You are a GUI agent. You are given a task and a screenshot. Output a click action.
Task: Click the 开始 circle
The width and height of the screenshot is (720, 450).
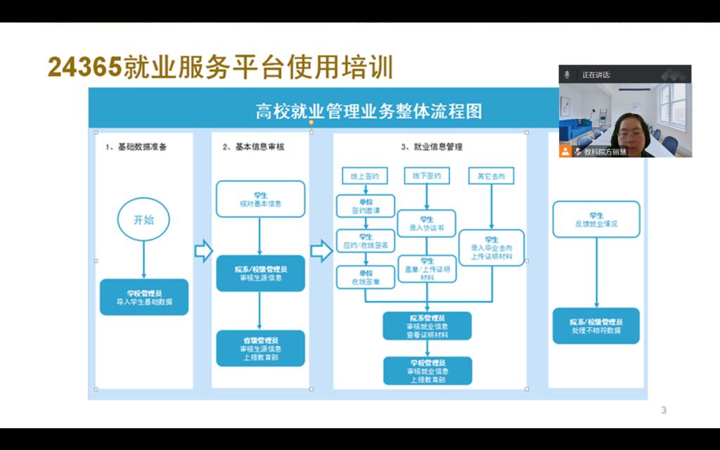pyautogui.click(x=143, y=220)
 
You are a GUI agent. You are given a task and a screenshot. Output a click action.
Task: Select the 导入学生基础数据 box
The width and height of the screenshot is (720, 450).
pyautogui.click(x=144, y=297)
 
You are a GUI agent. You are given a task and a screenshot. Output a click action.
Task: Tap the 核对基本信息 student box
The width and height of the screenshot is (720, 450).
pyautogui.click(x=260, y=199)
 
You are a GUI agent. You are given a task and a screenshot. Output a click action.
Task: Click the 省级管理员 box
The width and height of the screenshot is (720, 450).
pyautogui.click(x=260, y=348)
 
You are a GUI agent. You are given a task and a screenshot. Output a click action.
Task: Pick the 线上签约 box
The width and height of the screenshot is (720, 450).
pyautogui.click(x=365, y=176)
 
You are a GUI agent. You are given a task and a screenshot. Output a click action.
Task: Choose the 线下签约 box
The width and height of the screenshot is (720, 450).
pyautogui.click(x=426, y=176)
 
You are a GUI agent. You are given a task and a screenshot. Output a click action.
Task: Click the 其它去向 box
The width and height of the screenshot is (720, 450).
pyautogui.click(x=491, y=176)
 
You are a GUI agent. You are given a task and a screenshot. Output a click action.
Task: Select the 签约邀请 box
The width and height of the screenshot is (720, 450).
pyautogui.click(x=365, y=205)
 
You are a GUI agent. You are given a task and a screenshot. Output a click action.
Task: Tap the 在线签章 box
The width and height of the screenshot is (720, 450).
pyautogui.click(x=365, y=277)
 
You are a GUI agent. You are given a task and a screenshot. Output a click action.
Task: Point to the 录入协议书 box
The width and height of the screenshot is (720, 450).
pyautogui.click(x=426, y=223)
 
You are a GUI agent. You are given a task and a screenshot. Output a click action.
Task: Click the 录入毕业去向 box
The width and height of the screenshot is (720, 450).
pyautogui.click(x=491, y=247)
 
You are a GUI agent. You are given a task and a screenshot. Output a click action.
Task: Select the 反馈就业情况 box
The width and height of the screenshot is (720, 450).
pyautogui.click(x=596, y=219)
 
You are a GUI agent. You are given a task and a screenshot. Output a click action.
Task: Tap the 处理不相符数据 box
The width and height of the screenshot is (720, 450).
pyautogui.click(x=596, y=326)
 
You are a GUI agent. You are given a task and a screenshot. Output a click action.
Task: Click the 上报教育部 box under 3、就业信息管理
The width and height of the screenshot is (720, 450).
pyautogui.click(x=427, y=371)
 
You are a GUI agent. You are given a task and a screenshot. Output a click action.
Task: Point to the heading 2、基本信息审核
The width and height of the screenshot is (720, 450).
pyautogui.click(x=253, y=147)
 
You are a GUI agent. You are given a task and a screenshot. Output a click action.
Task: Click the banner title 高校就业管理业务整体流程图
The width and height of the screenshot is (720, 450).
pyautogui.click(x=368, y=111)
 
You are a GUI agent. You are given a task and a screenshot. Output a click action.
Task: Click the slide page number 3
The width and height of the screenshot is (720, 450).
pyautogui.click(x=664, y=410)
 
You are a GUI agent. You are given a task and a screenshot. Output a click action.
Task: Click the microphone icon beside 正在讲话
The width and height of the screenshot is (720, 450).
pyautogui.click(x=566, y=75)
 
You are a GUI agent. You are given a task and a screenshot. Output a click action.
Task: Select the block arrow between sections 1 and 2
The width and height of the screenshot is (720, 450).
pyautogui.click(x=203, y=250)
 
